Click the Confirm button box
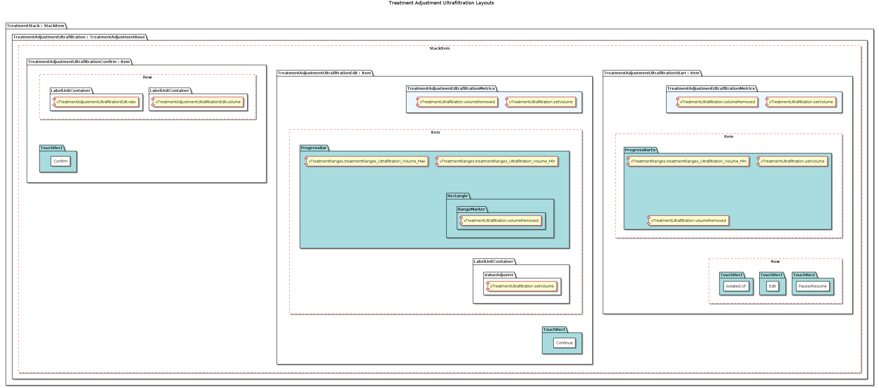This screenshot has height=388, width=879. (60, 161)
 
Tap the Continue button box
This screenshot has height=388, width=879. (564, 343)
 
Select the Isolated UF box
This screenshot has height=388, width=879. (736, 286)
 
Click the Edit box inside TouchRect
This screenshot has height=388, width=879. (772, 286)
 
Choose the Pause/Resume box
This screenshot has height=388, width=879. (812, 286)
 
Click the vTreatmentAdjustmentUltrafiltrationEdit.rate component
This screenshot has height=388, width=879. (96, 102)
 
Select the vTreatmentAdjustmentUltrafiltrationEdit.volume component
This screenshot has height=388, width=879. (198, 102)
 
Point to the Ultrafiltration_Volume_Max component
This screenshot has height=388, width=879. (366, 161)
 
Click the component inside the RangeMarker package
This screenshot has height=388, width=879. (501, 221)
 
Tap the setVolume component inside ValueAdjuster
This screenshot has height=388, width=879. (522, 286)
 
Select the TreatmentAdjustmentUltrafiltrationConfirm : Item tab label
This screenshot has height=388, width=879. (79, 62)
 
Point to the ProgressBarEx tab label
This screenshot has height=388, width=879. (640, 150)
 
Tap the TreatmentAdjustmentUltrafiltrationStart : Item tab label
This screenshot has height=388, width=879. (651, 73)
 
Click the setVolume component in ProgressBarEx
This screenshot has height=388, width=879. (792, 161)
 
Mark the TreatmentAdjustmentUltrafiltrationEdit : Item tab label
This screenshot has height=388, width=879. (324, 73)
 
